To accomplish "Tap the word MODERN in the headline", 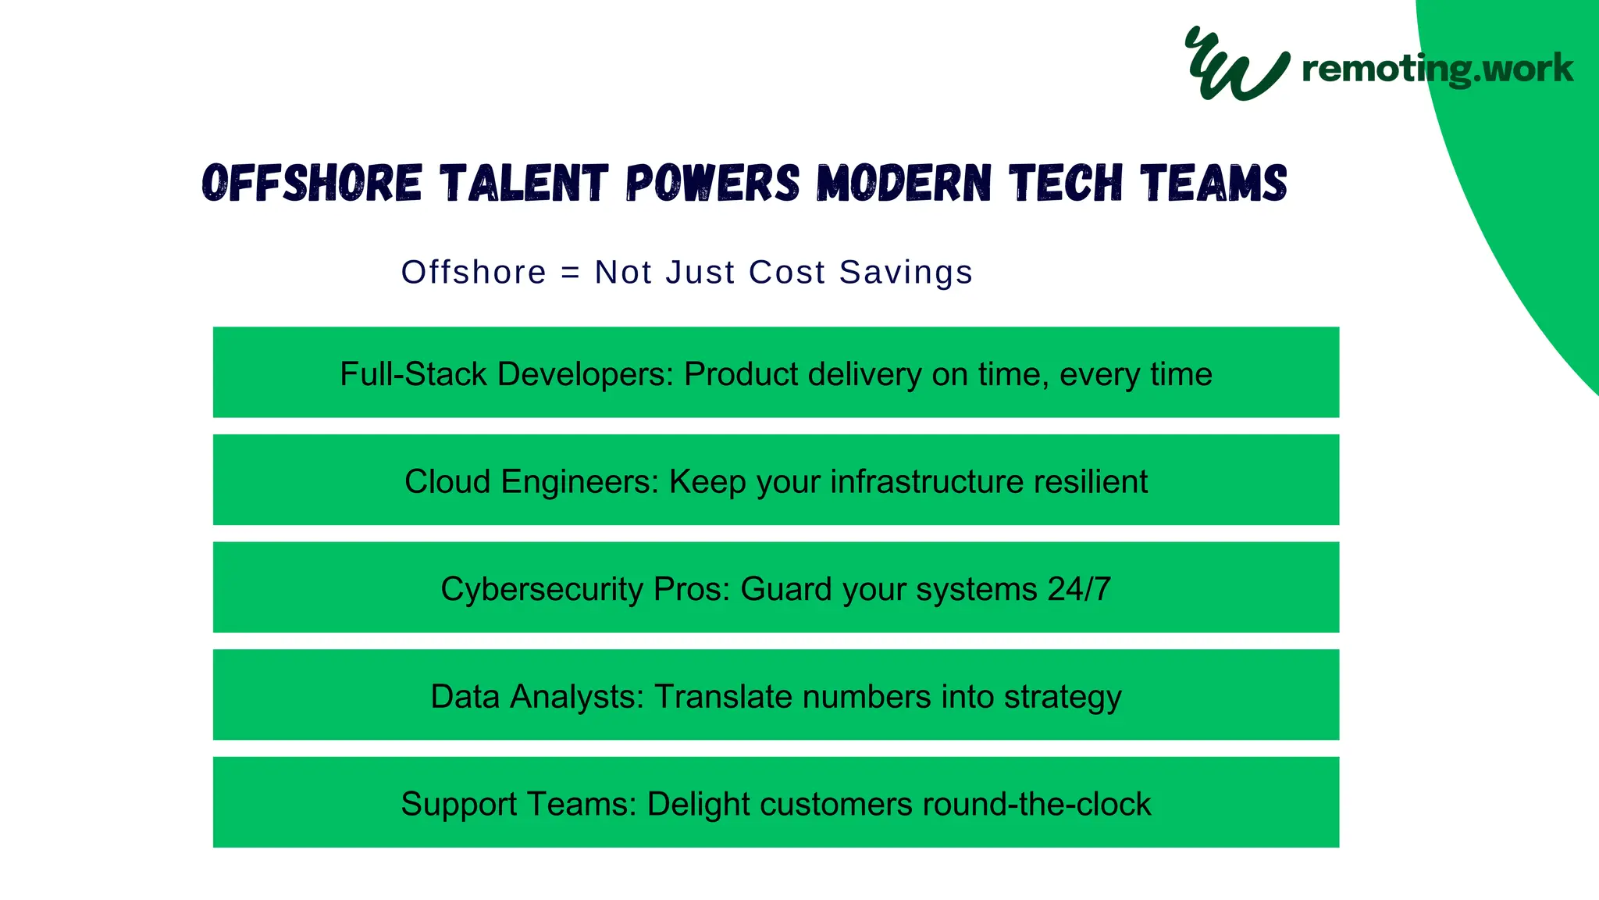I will [x=904, y=184].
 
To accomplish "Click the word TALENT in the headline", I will [x=524, y=184].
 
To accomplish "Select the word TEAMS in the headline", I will [x=1213, y=184].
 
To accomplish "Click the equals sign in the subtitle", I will [x=571, y=273].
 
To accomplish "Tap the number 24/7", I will [x=1079, y=589].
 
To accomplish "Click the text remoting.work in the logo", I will [x=1437, y=69].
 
